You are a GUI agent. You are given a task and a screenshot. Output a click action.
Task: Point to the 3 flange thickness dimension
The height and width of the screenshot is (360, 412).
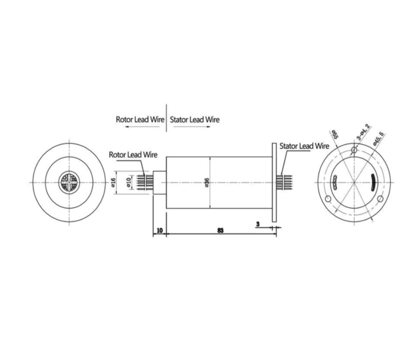(259, 225)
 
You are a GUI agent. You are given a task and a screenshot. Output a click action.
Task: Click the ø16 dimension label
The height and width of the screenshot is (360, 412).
(113, 182)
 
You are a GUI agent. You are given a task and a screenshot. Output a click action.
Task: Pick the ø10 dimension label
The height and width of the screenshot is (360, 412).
(130, 183)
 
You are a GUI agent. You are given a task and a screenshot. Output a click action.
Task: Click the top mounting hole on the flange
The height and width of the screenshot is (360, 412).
(353, 151)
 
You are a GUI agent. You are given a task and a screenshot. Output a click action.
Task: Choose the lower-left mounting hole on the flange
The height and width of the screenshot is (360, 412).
(328, 199)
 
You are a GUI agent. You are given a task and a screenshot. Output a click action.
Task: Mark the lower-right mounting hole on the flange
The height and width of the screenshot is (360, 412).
(380, 199)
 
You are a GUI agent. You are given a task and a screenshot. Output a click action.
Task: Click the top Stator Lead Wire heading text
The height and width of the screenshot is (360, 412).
(195, 119)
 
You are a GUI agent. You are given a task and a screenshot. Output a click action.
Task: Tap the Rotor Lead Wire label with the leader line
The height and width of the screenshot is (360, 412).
(133, 155)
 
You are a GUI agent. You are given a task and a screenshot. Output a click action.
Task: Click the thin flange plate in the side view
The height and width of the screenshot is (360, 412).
(275, 183)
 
